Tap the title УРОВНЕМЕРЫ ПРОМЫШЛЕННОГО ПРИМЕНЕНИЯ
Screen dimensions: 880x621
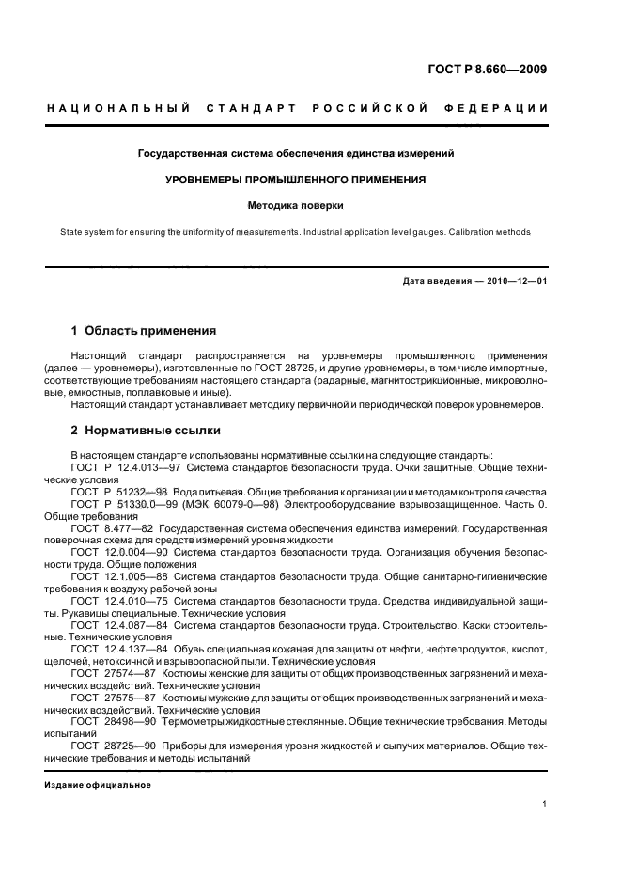click(x=296, y=179)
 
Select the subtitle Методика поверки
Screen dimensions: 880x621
click(x=296, y=204)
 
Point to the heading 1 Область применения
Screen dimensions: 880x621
click(x=144, y=331)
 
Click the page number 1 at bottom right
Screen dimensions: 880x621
click(x=545, y=805)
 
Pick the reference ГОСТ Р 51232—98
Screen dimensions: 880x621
click(x=115, y=492)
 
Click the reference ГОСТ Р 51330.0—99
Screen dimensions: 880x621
click(x=120, y=505)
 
